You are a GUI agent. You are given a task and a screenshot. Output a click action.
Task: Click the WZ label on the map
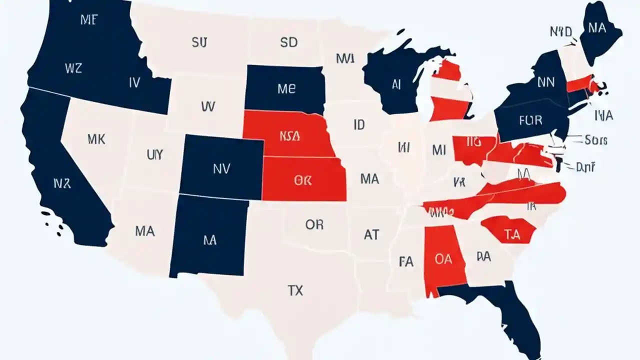coord(73,68)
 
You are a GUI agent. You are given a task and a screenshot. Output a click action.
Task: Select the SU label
coord(198,42)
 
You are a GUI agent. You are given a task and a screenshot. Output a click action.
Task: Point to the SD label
coord(288,42)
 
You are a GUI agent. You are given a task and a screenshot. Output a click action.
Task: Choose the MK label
coord(96,139)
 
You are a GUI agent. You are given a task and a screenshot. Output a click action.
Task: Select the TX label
coord(295,290)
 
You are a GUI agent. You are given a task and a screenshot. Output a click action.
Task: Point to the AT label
coord(371,234)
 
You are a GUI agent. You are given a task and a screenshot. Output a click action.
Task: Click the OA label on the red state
coord(443,259)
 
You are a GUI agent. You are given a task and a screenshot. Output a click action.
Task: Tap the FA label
coord(406,261)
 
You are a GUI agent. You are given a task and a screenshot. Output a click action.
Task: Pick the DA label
coord(483,257)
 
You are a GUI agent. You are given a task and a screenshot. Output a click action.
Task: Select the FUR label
coord(530,120)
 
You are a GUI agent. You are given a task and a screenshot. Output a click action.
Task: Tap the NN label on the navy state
coord(545,82)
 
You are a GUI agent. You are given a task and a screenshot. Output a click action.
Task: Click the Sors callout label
coord(595,140)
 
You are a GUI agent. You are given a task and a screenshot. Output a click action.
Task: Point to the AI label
coord(396,85)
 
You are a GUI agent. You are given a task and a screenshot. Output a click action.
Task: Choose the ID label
coord(359,125)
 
